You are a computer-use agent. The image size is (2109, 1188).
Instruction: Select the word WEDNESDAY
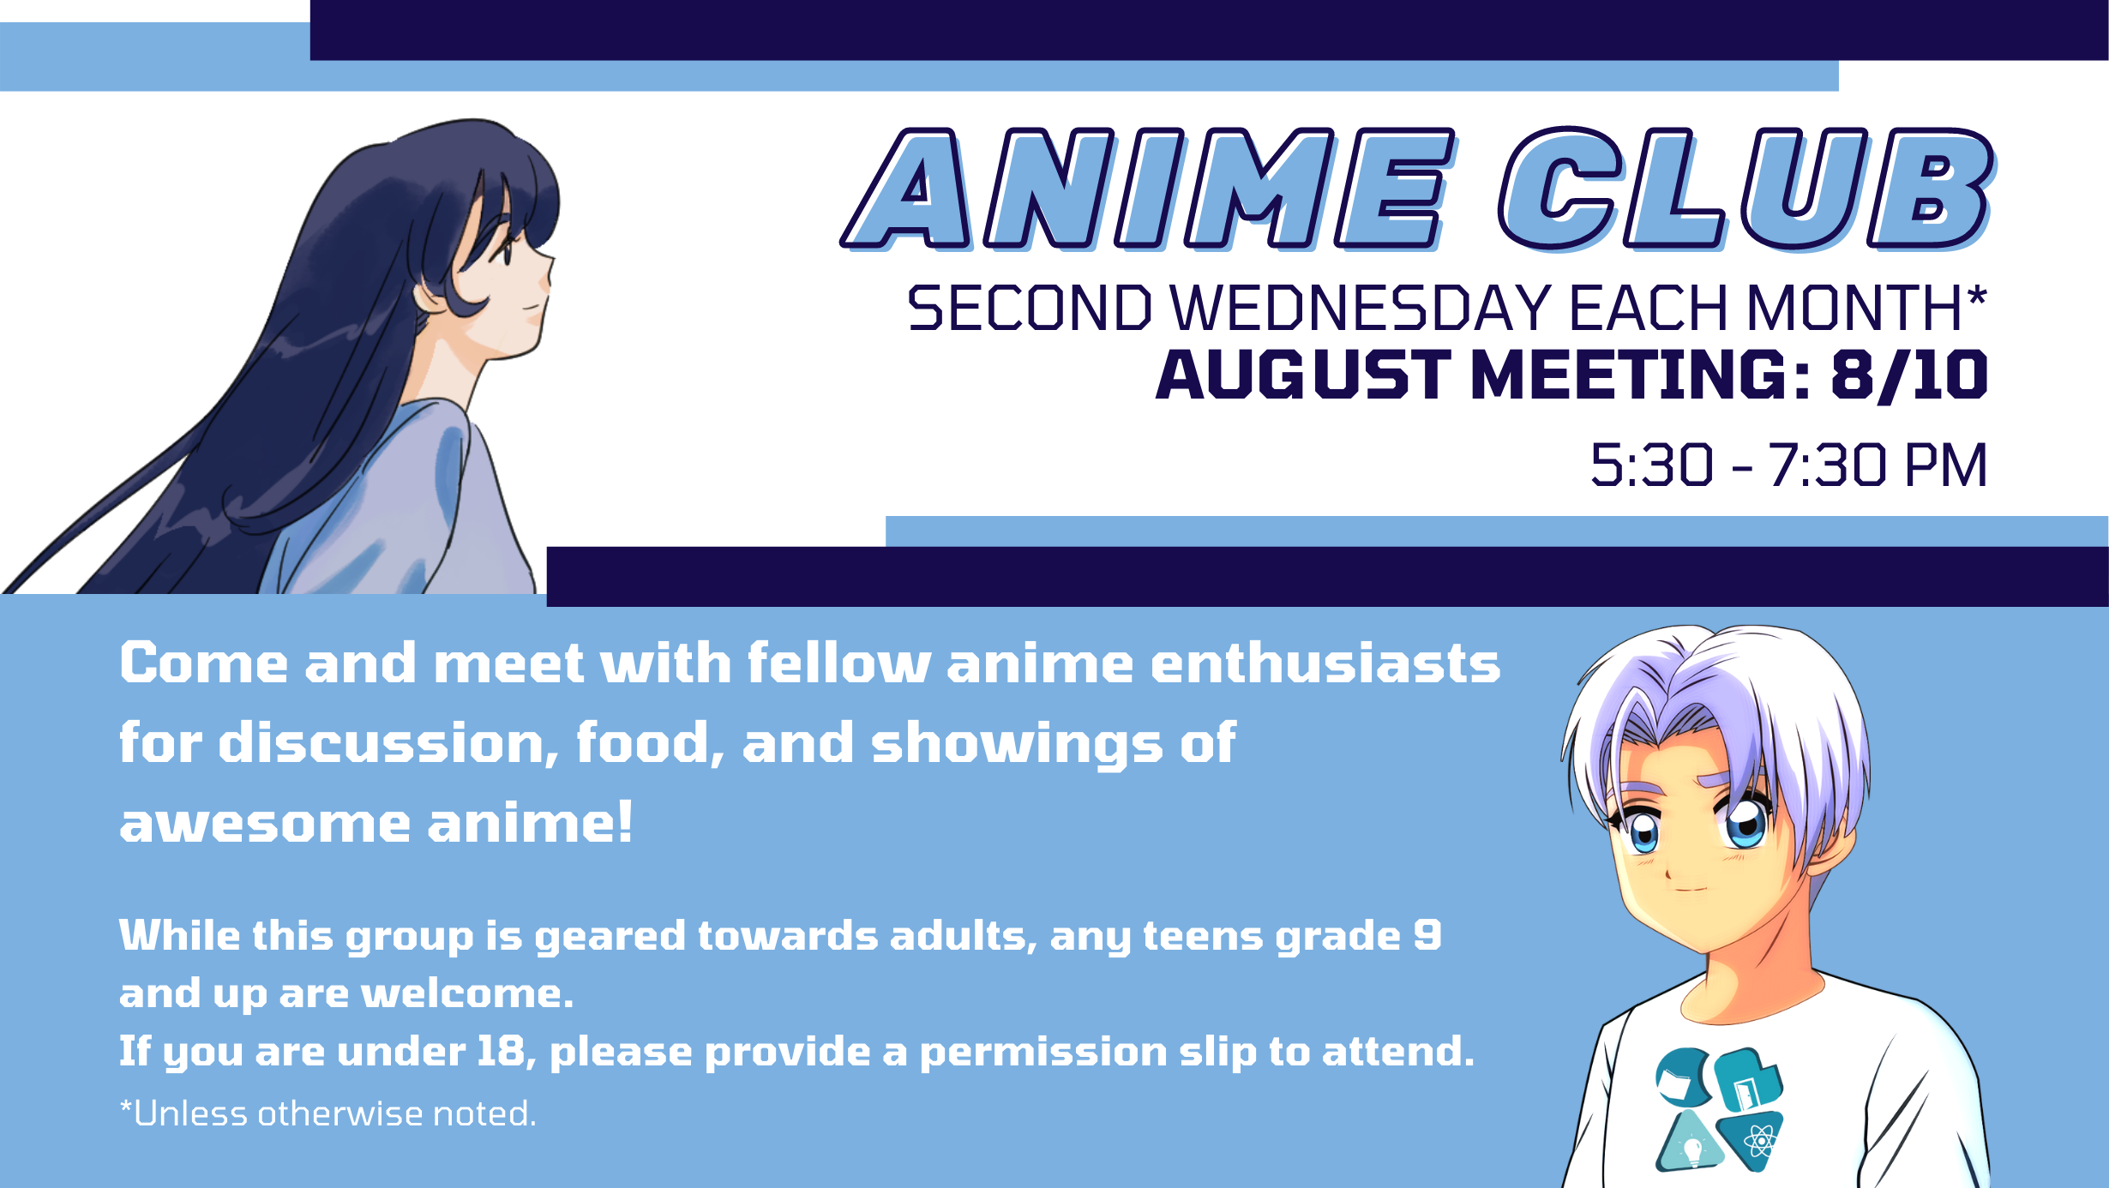[x=1361, y=308]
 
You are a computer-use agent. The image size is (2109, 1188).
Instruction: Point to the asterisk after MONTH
[x=1977, y=297]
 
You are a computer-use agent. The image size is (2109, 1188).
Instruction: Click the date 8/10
[x=1909, y=375]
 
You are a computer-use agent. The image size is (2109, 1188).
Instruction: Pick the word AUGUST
[x=1303, y=375]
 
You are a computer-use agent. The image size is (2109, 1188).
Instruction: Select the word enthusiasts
[x=1325, y=663]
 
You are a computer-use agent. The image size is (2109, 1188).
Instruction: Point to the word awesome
[x=266, y=824]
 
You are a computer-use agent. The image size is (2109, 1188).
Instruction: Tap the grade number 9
[x=1427, y=934]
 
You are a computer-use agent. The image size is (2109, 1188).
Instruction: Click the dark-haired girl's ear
[x=429, y=297]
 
